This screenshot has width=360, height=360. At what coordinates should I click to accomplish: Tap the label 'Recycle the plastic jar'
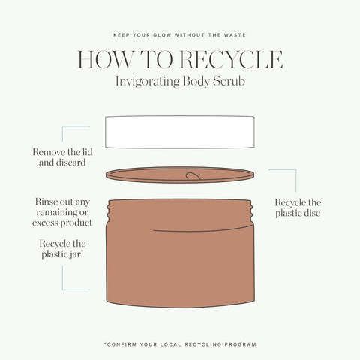(63, 249)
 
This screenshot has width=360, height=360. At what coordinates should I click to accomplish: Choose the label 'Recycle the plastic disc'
(298, 208)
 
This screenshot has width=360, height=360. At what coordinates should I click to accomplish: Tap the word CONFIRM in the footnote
(121, 343)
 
